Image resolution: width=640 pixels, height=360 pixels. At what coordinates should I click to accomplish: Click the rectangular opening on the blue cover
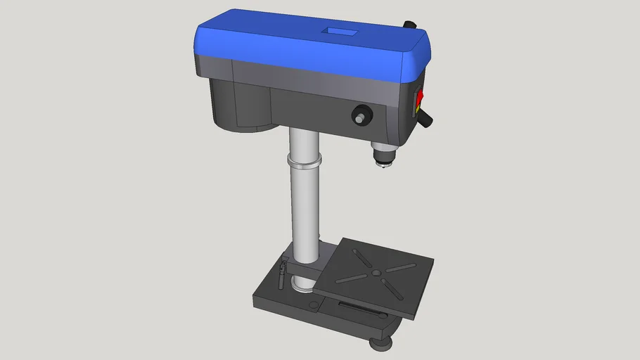[x=338, y=32]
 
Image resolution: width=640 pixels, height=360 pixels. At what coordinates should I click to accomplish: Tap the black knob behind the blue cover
[x=409, y=25]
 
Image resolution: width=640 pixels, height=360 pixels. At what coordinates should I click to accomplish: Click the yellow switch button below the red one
[x=419, y=109]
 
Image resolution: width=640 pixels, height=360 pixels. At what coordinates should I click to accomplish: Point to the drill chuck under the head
[x=380, y=154]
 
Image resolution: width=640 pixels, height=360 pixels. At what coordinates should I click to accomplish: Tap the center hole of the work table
[x=376, y=272]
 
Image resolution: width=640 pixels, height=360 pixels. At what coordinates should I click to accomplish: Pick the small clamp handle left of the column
[x=283, y=270]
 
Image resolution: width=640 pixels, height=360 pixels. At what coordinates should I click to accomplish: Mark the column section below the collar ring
[x=305, y=211]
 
